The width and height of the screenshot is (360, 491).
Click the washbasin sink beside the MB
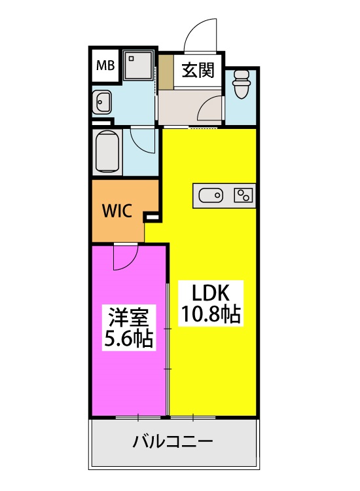coord(103,101)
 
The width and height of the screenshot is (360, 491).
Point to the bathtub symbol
coord(107,151)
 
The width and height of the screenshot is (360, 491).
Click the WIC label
coord(118,212)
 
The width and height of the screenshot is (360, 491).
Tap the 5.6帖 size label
coord(129,338)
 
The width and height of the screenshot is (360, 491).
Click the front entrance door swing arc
coord(200,33)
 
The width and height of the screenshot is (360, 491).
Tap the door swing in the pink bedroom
coord(124,257)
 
